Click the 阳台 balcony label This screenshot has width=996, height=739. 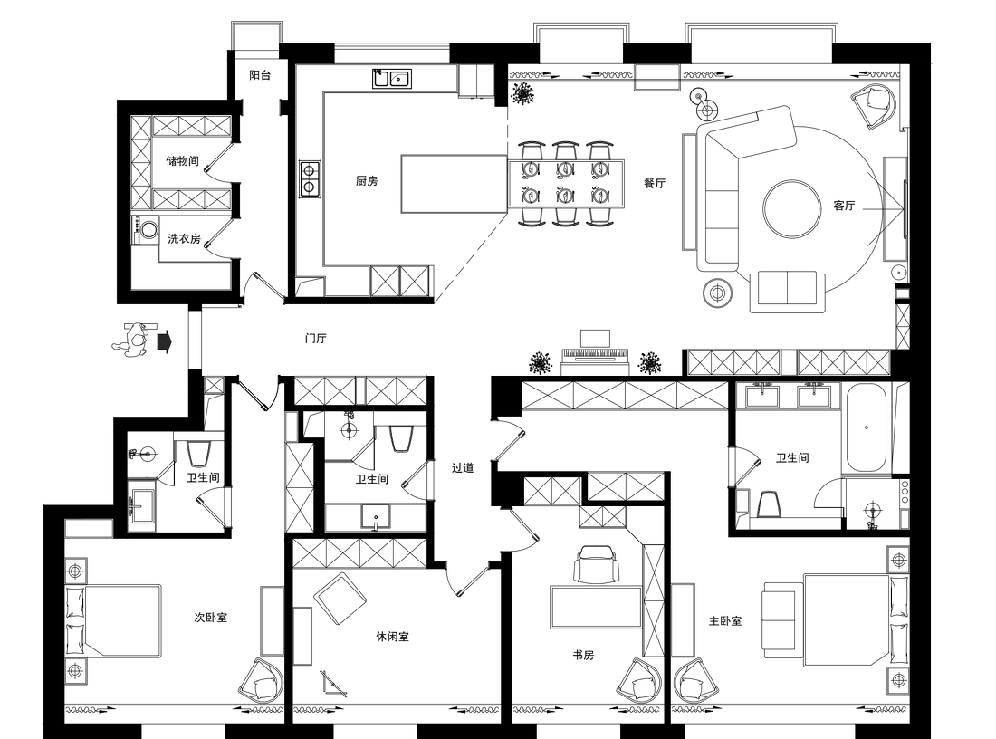tap(260, 75)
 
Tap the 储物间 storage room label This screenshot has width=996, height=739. tap(182, 161)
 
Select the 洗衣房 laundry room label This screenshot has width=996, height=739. tap(184, 239)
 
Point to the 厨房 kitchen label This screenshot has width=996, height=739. tap(367, 181)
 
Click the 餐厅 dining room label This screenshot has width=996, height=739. tap(655, 184)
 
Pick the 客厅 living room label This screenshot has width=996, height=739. tap(844, 206)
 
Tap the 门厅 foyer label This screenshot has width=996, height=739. tap(316, 338)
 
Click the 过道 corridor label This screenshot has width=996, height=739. tap(463, 468)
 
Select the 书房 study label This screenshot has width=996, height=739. tap(583, 655)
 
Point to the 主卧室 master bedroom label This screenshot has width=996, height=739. tap(725, 620)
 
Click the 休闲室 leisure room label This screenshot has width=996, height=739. tap(393, 636)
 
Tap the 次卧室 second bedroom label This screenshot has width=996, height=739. tap(211, 617)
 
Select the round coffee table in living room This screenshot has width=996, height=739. tap(792, 210)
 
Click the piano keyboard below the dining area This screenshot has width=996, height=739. tap(595, 353)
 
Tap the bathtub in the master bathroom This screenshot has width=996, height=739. tap(866, 427)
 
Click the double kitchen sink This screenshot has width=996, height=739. tap(391, 79)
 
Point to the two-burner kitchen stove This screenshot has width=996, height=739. tap(310, 178)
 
